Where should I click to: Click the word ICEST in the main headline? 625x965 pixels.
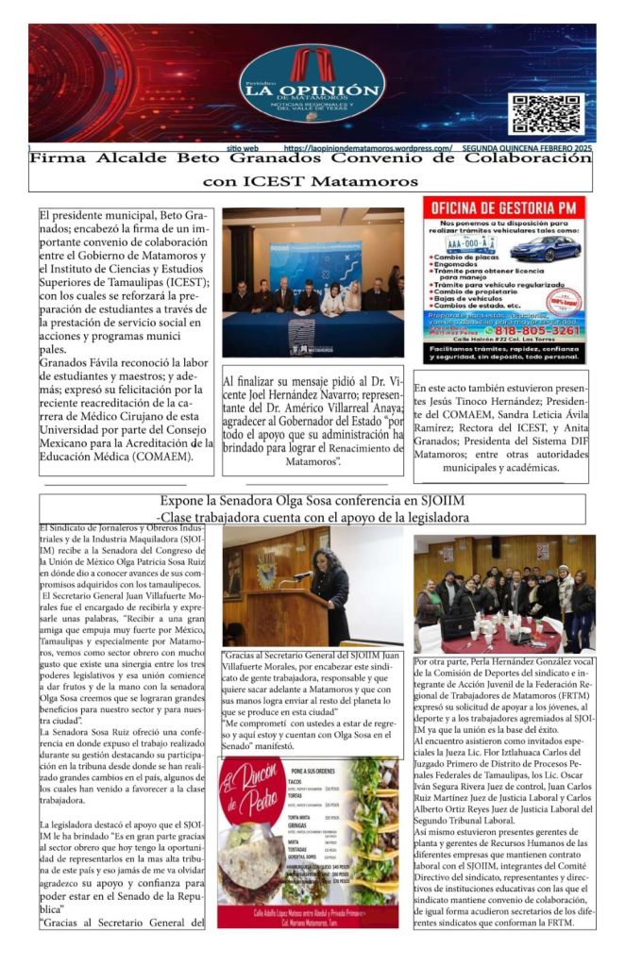[x=263, y=179]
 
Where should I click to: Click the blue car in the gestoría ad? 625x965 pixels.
[x=540, y=249]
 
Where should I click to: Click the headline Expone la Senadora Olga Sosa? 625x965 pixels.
[x=312, y=503]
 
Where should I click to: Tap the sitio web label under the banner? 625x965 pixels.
[x=244, y=148]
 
